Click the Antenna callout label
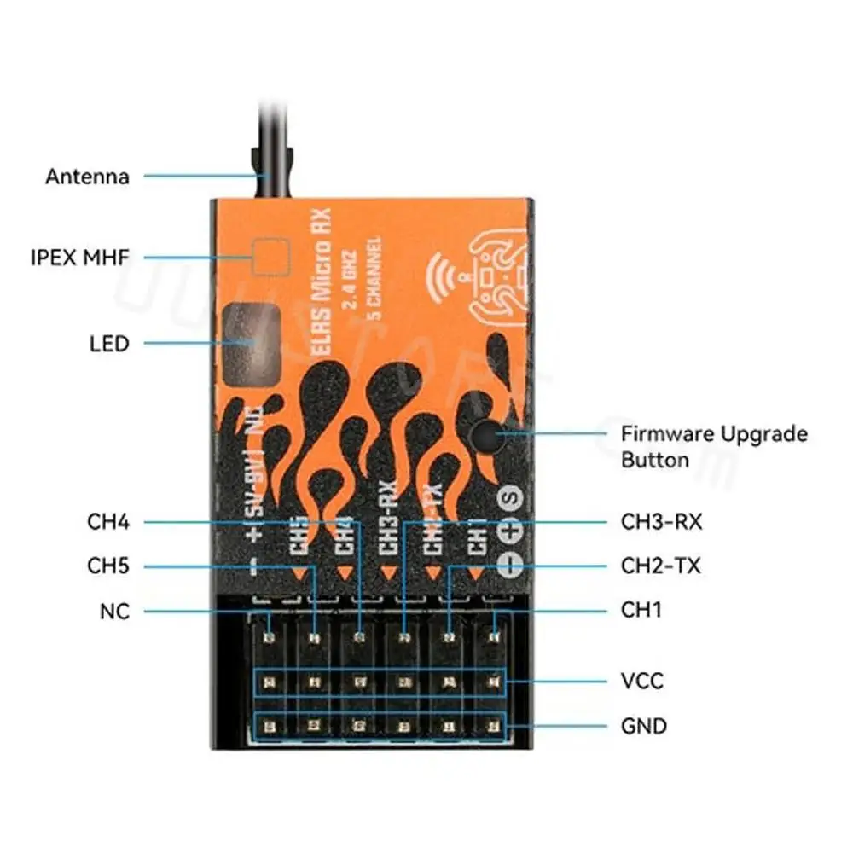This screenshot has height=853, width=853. pyautogui.click(x=87, y=177)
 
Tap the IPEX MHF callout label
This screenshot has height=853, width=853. pyautogui.click(x=78, y=256)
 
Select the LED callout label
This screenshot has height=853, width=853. pyautogui.click(x=108, y=344)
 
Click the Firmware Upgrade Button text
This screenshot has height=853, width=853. pyautogui.click(x=713, y=446)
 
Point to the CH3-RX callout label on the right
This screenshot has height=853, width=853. pyautogui.click(x=661, y=521)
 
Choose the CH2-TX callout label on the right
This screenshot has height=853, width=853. pyautogui.click(x=660, y=566)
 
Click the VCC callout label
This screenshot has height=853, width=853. pyautogui.click(x=641, y=681)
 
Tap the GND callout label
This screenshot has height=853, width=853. pyautogui.click(x=643, y=726)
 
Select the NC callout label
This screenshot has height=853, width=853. pyautogui.click(x=113, y=611)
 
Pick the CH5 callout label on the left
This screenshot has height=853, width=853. pyautogui.click(x=108, y=566)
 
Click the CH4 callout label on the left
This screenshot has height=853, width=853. pyautogui.click(x=108, y=521)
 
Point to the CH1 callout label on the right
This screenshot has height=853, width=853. pyautogui.click(x=641, y=610)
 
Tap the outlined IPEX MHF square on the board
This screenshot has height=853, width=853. pyautogui.click(x=272, y=257)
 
